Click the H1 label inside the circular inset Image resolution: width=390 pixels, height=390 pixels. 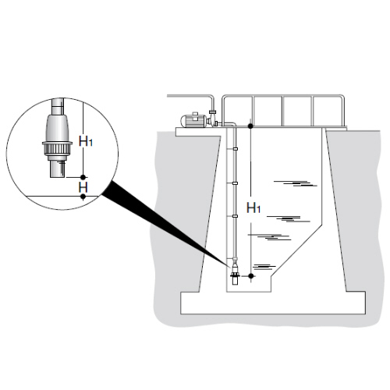[x=86, y=141]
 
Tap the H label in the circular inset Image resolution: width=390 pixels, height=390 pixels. [x=83, y=186]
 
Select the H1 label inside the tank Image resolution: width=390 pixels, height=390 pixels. [x=253, y=208]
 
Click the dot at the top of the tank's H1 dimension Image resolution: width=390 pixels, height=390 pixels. [x=250, y=126]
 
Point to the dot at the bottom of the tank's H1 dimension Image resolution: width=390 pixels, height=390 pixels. [x=250, y=275]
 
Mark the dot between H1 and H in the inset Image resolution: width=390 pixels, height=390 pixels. [x=83, y=177]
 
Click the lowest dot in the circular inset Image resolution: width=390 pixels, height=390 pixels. [x=83, y=197]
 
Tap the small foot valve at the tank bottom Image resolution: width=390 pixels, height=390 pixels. [x=235, y=274]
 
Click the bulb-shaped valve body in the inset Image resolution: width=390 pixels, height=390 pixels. [x=57, y=128]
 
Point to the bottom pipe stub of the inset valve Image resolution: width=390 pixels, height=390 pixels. [x=57, y=168]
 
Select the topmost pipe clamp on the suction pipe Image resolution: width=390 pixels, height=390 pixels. [x=236, y=149]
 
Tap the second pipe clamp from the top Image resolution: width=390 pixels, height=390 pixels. [x=236, y=183]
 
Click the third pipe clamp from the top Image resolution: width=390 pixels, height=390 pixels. [x=236, y=216]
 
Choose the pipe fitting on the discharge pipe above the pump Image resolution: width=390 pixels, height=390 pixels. [x=212, y=112]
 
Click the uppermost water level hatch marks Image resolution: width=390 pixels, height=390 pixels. [x=296, y=183]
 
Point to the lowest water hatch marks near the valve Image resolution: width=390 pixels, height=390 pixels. [x=264, y=267]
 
